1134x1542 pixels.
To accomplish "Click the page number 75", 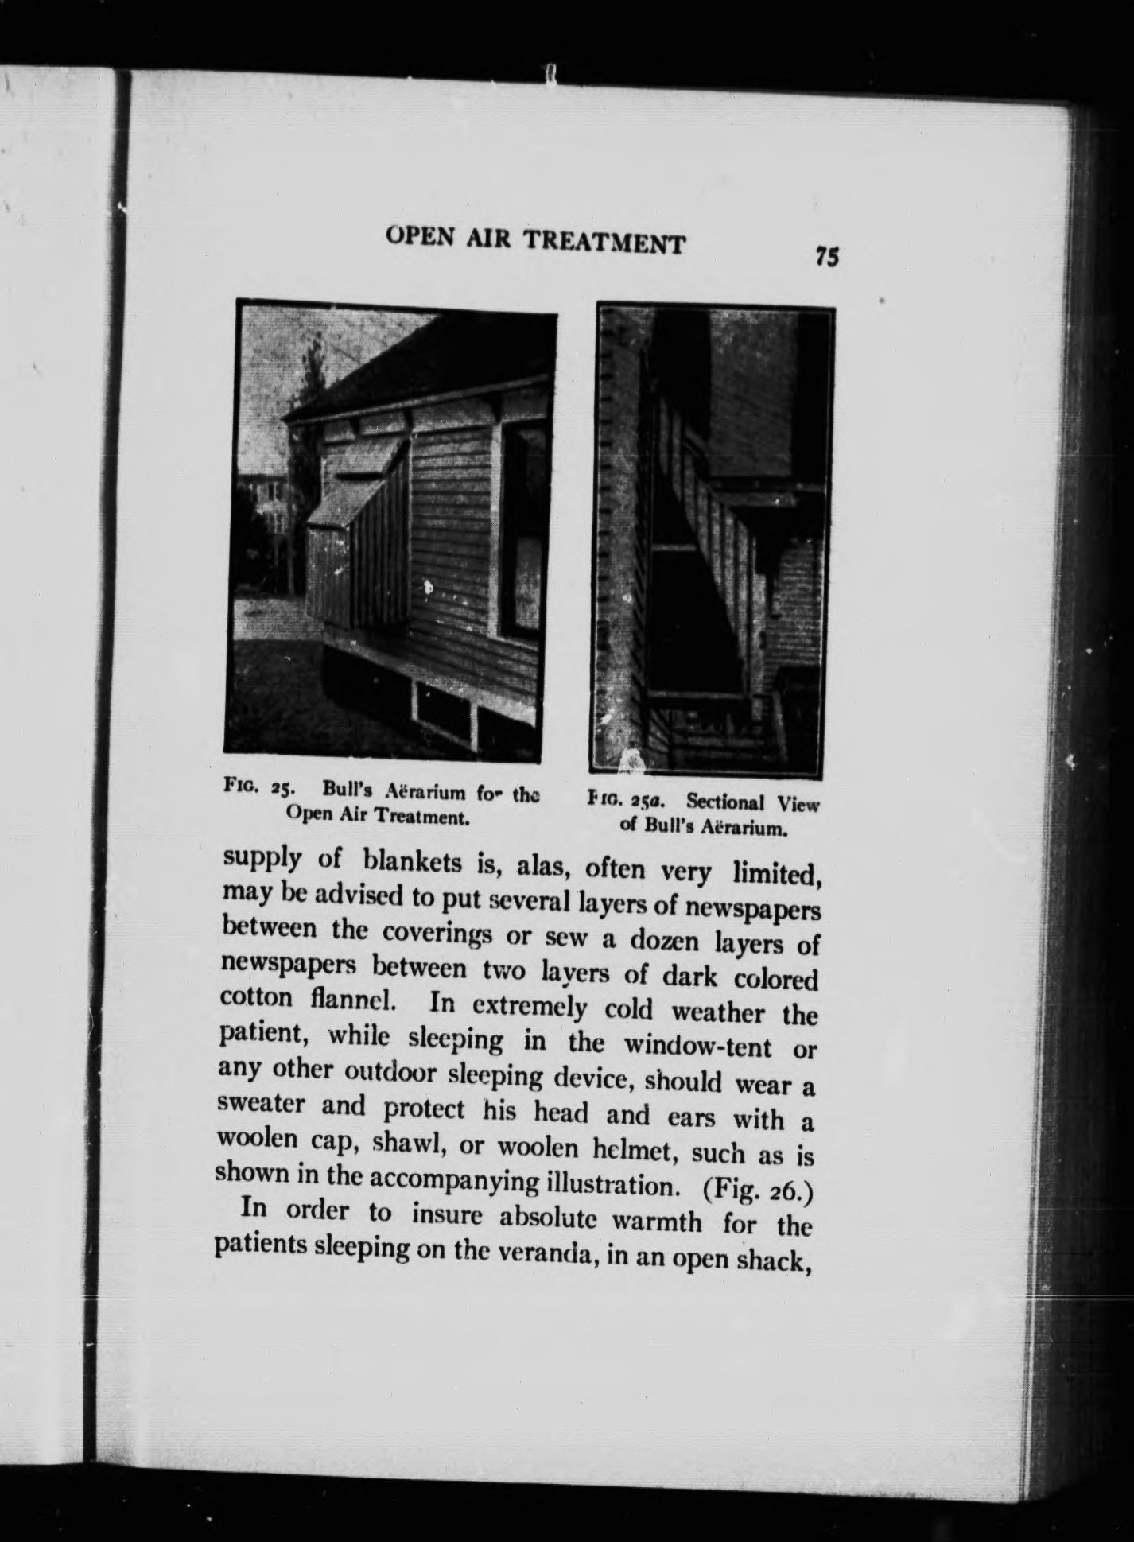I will (826, 256).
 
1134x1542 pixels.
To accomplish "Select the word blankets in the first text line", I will (414, 862).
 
